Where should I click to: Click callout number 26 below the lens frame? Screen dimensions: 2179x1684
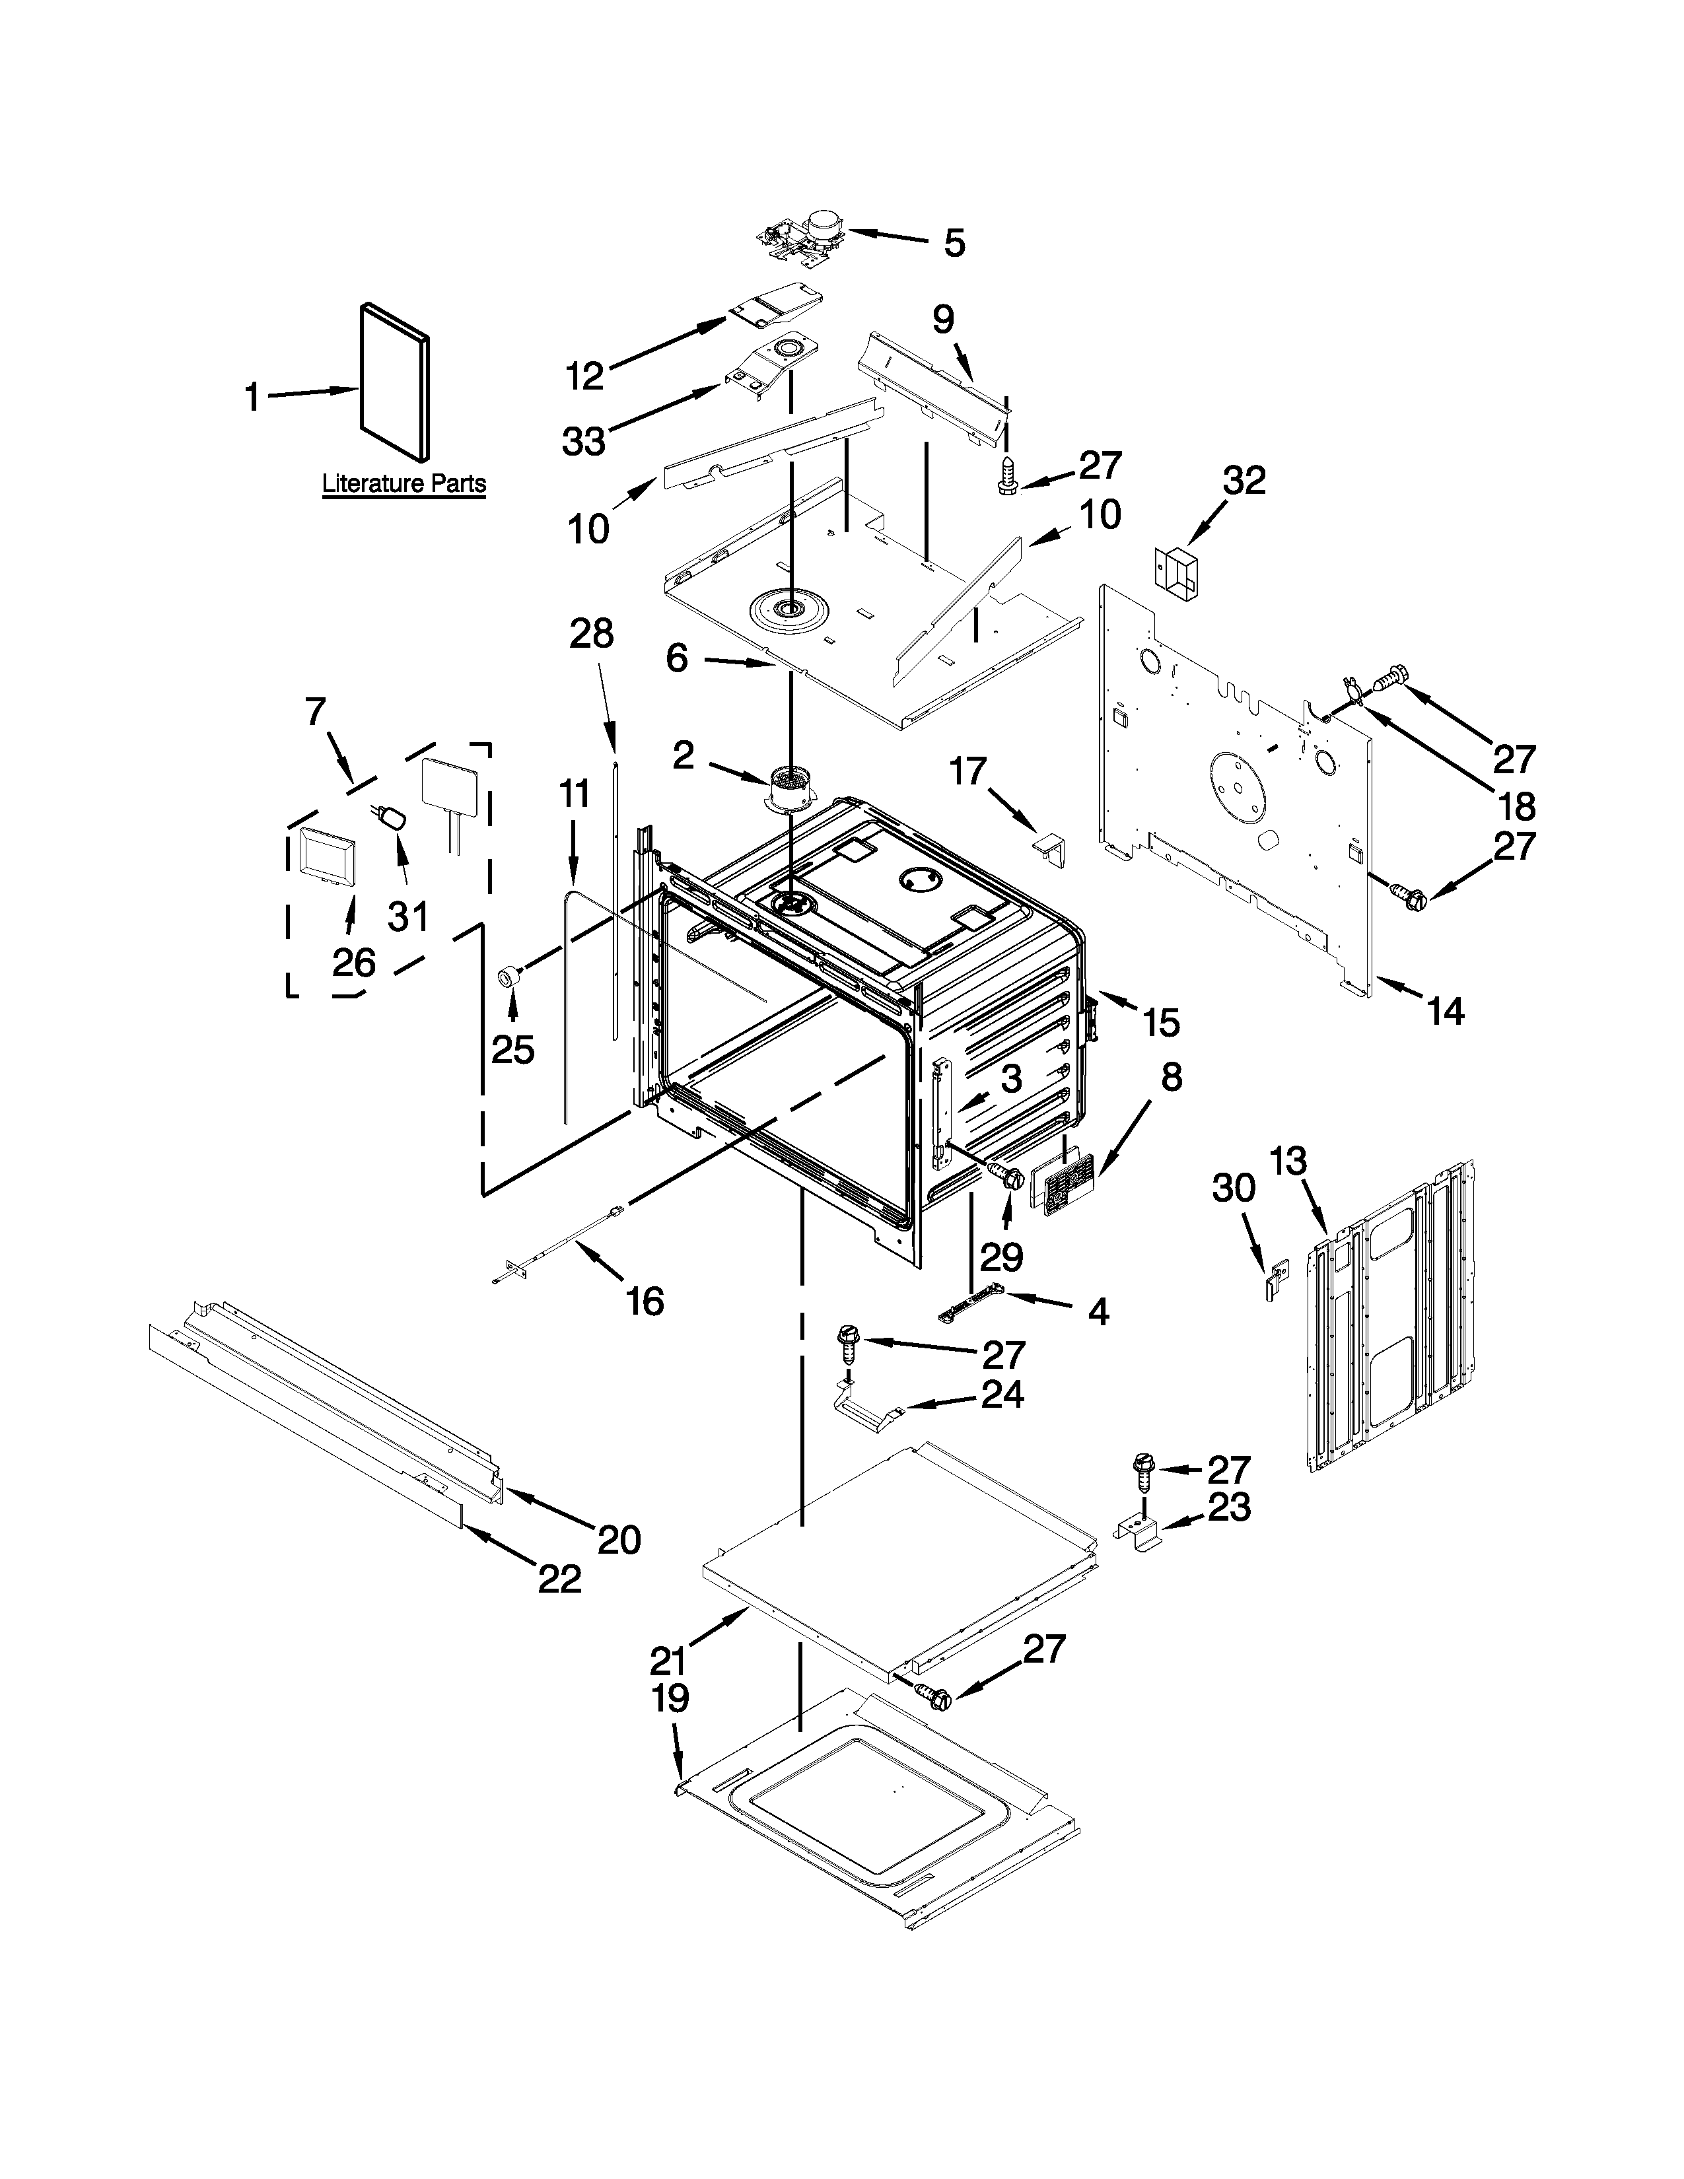[354, 962]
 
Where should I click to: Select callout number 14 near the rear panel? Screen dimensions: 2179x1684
[1444, 1012]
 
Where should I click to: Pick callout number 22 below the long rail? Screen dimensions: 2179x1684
[559, 1578]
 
